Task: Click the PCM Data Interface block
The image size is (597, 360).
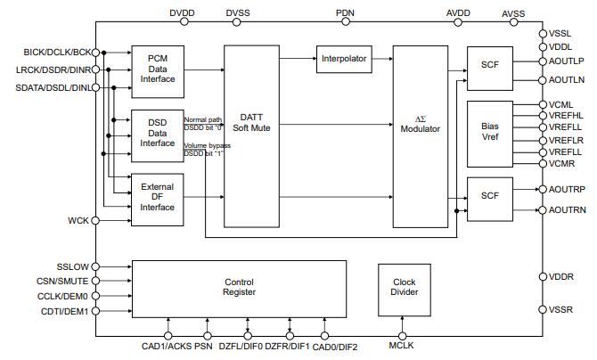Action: click(158, 69)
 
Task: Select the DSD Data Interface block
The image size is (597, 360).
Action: click(158, 131)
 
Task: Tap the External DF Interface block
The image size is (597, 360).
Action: click(158, 196)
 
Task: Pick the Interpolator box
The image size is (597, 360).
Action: click(342, 59)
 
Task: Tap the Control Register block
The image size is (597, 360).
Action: click(239, 288)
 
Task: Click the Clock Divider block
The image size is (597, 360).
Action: click(405, 288)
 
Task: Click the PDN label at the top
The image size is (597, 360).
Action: click(346, 13)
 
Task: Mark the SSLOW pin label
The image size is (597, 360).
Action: click(73, 266)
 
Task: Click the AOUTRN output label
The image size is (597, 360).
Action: click(567, 210)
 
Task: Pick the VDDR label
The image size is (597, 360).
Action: click(563, 277)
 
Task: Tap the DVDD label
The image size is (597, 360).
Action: click(181, 13)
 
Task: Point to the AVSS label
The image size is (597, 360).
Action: click(514, 14)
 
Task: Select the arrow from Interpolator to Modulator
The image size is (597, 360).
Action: click(380, 59)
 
